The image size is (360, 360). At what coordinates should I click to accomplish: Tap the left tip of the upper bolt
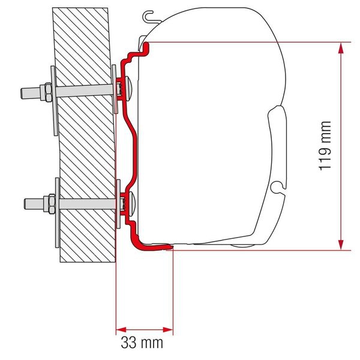[23, 92]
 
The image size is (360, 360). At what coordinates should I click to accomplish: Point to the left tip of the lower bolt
[23, 202]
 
